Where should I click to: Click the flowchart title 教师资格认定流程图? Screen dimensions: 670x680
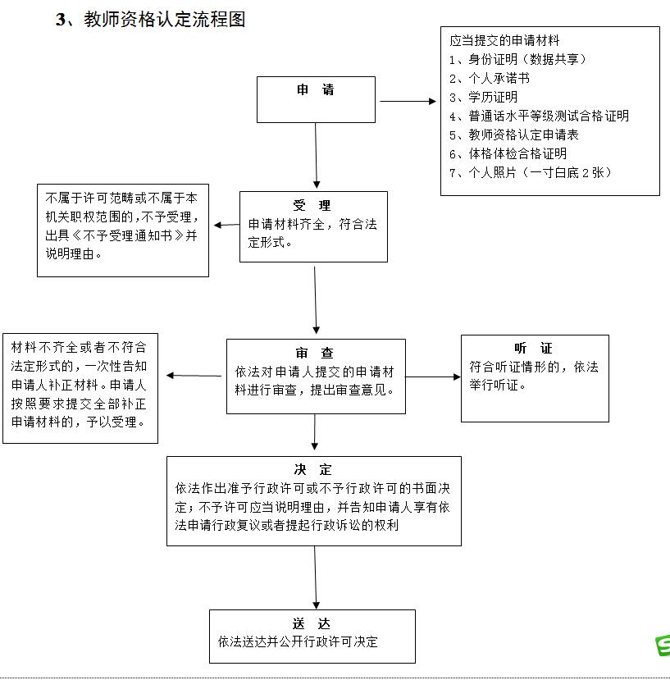164,20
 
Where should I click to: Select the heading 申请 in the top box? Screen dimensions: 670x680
316,89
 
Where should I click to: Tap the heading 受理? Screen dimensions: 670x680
312,205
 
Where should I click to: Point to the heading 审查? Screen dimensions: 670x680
314,353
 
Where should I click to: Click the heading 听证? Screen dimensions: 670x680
533,348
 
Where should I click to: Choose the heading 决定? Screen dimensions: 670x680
312,470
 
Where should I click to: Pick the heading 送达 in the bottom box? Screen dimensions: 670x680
312,623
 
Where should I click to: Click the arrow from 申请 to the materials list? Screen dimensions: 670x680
408,101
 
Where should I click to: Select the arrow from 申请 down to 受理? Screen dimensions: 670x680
316,155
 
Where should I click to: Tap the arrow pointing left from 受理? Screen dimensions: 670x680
227,225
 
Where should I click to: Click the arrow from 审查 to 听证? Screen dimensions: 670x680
433,377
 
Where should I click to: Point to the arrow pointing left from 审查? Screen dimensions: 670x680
194,376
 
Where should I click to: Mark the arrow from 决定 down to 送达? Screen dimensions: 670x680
316,577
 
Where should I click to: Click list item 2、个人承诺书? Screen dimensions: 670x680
490,79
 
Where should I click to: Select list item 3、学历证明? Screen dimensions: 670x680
484,97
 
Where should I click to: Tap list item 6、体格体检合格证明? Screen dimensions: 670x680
508,154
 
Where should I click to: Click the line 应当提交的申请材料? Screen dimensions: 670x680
504,41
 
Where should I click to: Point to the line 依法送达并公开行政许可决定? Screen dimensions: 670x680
298,641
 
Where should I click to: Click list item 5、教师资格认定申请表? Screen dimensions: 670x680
514,135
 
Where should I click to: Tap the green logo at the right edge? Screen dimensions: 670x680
663,646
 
